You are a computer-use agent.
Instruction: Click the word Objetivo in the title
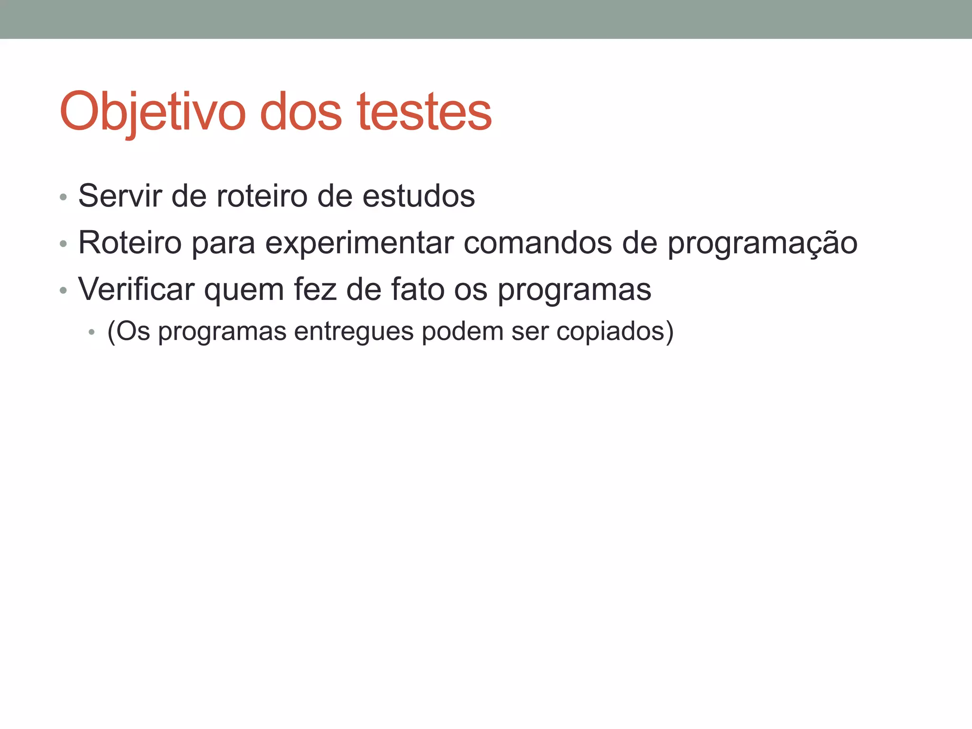coord(152,112)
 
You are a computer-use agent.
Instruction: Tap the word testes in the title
coord(425,112)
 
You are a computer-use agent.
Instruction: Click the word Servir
coord(120,196)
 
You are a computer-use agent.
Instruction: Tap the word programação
coord(762,243)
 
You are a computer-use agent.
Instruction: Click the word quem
coord(244,290)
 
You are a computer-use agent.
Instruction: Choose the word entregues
coord(354,331)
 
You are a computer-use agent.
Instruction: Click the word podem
coord(462,331)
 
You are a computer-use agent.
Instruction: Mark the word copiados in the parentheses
coord(610,331)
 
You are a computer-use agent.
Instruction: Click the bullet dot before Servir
coord(63,197)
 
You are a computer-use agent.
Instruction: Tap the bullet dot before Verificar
coord(63,290)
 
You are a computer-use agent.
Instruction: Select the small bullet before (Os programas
coord(92,332)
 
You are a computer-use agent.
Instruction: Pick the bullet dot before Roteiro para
coord(63,244)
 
